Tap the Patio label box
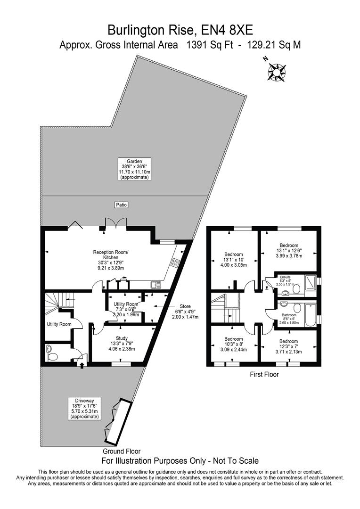click(x=122, y=205)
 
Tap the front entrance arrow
click(x=82, y=364)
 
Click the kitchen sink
click(x=155, y=284)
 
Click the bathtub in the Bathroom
click(x=310, y=315)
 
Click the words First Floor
click(x=264, y=375)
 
